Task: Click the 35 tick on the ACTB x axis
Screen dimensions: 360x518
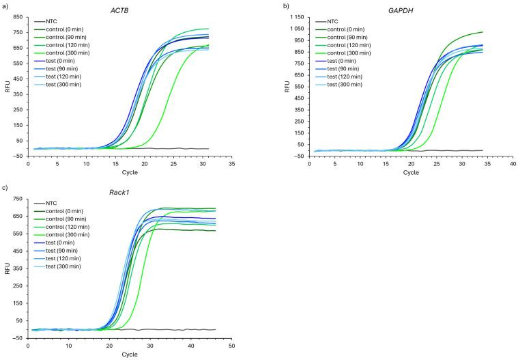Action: (232, 165)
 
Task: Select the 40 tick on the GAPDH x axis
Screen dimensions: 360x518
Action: (513, 165)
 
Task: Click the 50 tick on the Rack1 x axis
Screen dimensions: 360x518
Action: (232, 347)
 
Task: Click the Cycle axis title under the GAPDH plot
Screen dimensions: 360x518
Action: (411, 173)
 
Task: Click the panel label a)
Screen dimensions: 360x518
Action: (5, 5)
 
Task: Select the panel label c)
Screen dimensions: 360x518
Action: (5, 188)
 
